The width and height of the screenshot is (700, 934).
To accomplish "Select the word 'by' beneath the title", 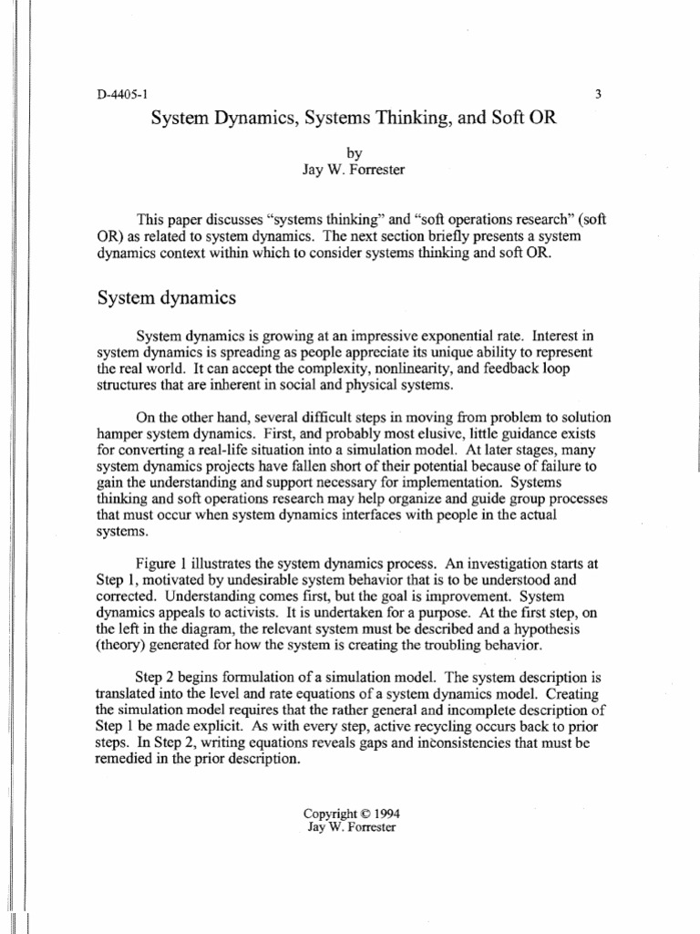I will click(351, 155).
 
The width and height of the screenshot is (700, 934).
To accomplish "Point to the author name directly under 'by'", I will click(351, 171).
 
